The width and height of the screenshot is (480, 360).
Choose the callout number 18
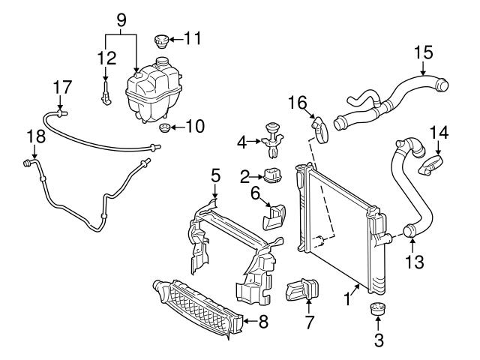(x=31, y=136)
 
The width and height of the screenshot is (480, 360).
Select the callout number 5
(x=215, y=177)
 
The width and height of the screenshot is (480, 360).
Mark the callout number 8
(x=262, y=323)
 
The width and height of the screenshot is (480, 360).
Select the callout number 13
(x=414, y=262)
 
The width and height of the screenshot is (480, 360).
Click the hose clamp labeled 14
(x=431, y=163)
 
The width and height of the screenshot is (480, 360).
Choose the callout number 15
(x=423, y=54)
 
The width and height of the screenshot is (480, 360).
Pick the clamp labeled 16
(x=319, y=130)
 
